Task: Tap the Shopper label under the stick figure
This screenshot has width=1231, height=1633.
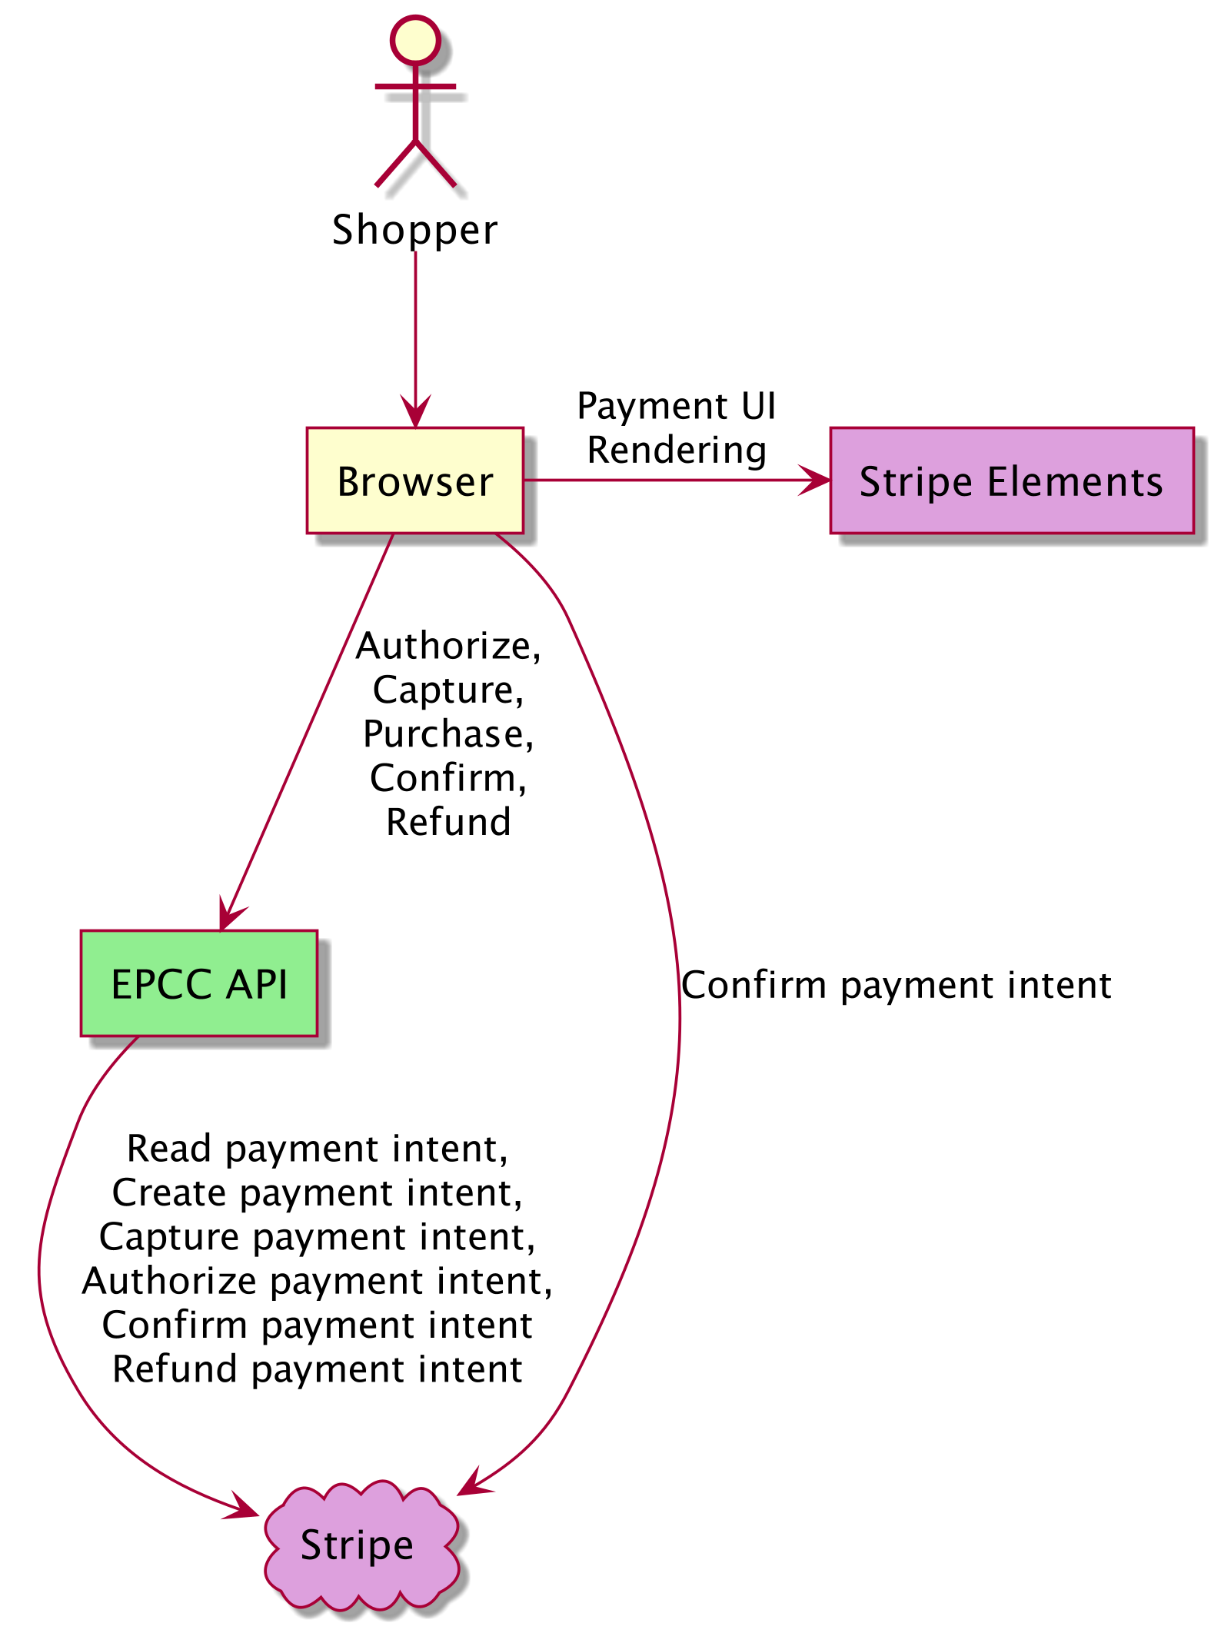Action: click(415, 230)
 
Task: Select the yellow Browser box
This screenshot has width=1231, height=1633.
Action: click(414, 481)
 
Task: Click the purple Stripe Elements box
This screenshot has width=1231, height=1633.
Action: click(1011, 481)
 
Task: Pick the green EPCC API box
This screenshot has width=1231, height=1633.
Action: click(199, 983)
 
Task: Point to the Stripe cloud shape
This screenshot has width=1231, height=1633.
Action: click(358, 1545)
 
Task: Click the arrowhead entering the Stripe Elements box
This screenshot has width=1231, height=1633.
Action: click(817, 481)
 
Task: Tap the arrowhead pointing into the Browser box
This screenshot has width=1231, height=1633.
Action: click(415, 413)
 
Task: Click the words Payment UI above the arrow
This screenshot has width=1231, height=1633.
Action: click(677, 406)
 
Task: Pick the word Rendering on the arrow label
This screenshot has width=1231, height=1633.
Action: click(677, 450)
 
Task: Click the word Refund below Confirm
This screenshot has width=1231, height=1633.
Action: click(448, 822)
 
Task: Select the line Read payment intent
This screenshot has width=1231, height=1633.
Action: click(317, 1149)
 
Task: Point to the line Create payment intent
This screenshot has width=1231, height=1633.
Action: click(317, 1192)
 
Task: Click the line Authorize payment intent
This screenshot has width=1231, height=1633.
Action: click(317, 1281)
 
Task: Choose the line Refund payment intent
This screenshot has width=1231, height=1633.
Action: click(317, 1369)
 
